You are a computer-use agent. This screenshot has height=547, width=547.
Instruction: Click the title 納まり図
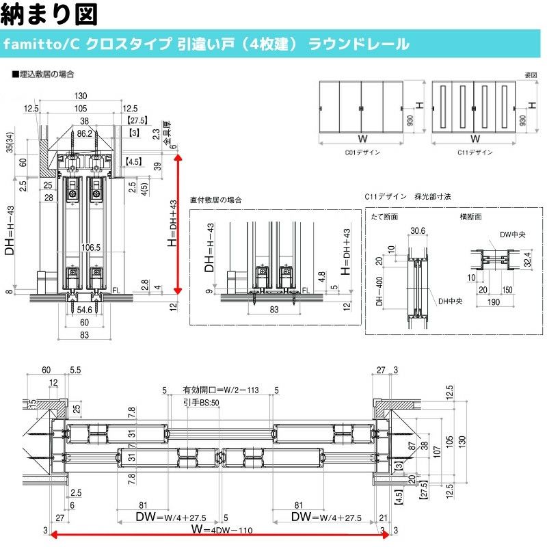(x=51, y=13)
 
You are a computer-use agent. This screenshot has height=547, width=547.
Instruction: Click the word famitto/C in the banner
(x=42, y=44)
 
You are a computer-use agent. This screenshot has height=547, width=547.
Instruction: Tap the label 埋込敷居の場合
(x=45, y=73)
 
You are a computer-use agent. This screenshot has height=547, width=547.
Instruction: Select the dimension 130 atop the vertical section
(x=81, y=96)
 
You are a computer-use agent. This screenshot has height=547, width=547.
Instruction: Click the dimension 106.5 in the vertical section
(x=90, y=248)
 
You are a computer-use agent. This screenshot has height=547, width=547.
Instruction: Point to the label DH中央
(x=449, y=300)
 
